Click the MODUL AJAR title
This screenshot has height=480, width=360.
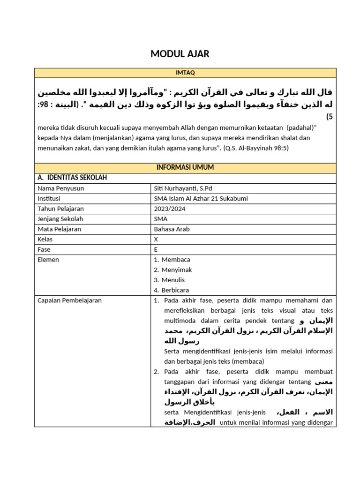click(x=180, y=54)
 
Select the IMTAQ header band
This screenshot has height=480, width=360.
click(x=185, y=73)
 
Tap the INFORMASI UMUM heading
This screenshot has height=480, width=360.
click(x=185, y=168)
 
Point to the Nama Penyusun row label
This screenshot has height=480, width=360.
click(x=60, y=188)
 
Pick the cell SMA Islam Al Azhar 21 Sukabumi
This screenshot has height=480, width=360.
click(x=201, y=199)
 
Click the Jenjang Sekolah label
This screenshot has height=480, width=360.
click(x=60, y=219)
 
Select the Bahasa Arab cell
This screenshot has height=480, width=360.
click(x=172, y=229)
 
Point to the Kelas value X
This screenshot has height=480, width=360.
click(x=156, y=240)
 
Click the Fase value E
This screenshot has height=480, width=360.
click(x=156, y=250)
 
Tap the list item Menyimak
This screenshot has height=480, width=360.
click(x=177, y=270)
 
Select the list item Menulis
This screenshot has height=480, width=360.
click(x=173, y=280)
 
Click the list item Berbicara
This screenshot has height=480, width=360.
click(x=175, y=291)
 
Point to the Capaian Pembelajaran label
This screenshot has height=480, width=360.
click(x=69, y=300)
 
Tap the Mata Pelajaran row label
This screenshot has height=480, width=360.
click(x=59, y=229)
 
